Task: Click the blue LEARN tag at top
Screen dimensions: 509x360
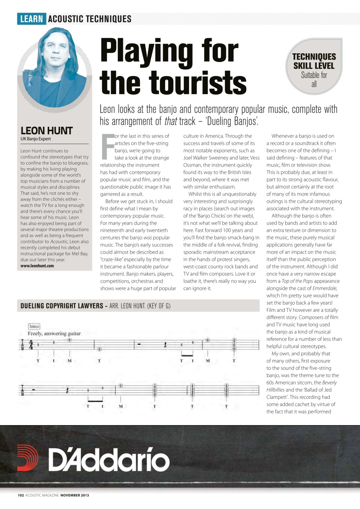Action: point(31,19)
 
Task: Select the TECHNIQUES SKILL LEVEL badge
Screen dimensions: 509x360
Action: point(314,66)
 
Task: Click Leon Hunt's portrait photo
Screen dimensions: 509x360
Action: point(53,66)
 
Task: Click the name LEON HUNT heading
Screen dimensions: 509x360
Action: point(46,131)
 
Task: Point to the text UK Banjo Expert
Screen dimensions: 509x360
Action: point(36,139)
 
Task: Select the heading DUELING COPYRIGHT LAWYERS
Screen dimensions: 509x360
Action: point(62,306)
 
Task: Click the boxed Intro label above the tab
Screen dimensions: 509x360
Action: point(34,326)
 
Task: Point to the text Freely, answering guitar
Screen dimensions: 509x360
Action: point(54,333)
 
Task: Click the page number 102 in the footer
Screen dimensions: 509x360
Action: point(21,495)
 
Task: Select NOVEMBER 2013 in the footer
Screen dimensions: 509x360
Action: point(75,495)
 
